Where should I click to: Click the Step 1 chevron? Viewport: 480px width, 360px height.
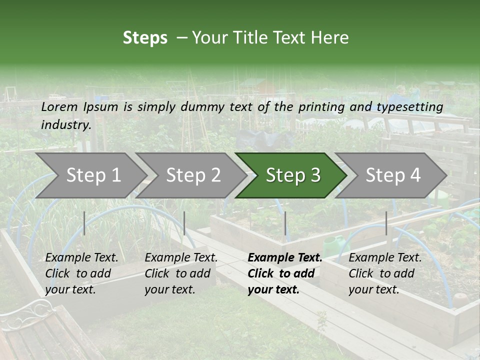[93, 175]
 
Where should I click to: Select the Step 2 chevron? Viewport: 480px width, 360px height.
[193, 175]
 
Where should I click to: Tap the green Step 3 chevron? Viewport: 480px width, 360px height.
[292, 175]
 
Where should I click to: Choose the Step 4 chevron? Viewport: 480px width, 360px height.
[392, 175]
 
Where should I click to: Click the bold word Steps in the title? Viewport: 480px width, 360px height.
[145, 38]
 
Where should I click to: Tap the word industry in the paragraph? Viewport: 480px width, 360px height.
[66, 124]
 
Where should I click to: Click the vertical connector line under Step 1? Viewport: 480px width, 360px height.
[84, 223]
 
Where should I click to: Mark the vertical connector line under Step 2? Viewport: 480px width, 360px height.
[184, 223]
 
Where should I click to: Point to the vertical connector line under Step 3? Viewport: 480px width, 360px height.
[285, 223]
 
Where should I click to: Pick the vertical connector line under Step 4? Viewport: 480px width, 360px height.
[386, 223]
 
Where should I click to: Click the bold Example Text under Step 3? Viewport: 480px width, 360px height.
[285, 258]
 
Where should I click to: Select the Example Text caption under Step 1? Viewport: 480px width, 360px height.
[81, 258]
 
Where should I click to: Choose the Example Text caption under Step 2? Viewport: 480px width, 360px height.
[181, 258]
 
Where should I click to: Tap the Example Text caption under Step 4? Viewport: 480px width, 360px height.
[385, 258]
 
